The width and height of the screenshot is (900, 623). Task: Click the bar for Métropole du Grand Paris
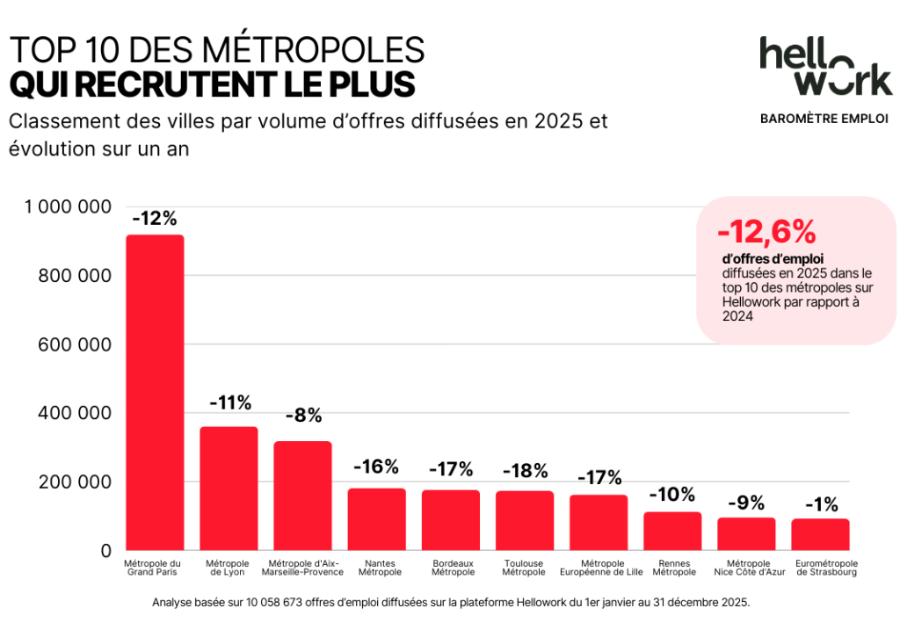155,392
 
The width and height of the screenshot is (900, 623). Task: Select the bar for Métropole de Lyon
229,489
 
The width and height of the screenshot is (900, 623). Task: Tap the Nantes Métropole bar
376,519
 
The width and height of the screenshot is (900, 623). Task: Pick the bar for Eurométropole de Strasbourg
820,534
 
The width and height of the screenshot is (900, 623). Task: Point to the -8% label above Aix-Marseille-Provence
303,416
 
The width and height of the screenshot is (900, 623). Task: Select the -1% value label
820,504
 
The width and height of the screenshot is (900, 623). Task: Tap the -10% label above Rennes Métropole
671,495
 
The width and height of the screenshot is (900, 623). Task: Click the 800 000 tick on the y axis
75,276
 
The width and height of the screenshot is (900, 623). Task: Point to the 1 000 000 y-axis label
69,207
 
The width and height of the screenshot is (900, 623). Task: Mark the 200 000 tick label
75,482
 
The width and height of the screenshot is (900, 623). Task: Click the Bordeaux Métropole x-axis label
454,568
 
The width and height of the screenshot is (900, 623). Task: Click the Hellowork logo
825,66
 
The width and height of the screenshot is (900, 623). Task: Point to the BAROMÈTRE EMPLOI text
824,119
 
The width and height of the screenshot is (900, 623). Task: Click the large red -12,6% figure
766,231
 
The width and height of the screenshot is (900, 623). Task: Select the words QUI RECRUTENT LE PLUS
211,84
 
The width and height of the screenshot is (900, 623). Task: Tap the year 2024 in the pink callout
738,318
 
